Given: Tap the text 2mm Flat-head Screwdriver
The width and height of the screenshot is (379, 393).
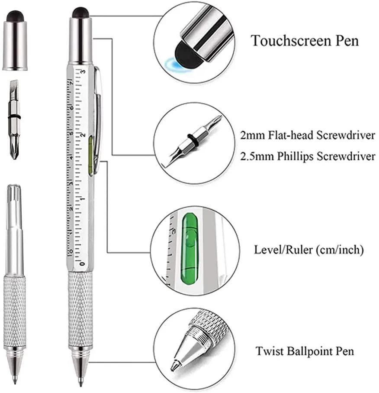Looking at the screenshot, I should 308,135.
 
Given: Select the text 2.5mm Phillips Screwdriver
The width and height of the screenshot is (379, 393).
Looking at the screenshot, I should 308,156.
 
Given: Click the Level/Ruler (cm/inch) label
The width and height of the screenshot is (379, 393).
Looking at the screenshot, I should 308,250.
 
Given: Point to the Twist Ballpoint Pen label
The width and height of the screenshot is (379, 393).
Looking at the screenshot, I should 304,351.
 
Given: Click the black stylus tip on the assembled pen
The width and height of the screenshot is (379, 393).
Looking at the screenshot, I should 80,12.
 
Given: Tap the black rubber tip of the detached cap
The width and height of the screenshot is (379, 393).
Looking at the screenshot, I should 15,15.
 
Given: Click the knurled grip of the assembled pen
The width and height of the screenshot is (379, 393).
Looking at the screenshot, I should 80,308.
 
